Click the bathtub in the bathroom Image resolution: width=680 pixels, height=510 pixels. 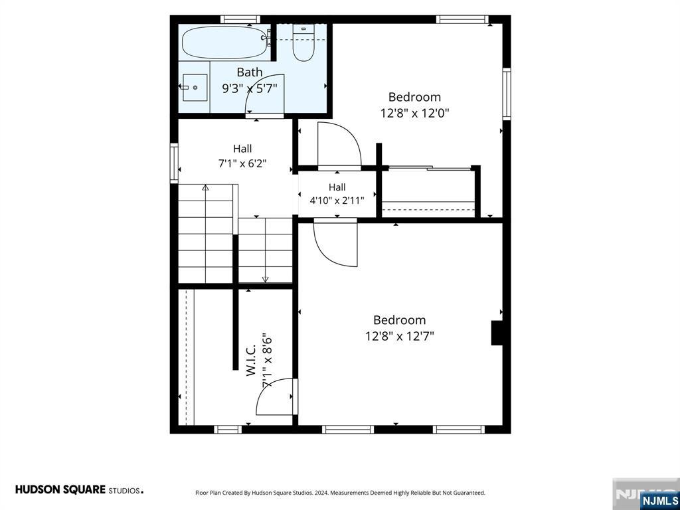226,42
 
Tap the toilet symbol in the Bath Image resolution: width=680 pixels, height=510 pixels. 303,43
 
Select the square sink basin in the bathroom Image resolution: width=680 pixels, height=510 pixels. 195,88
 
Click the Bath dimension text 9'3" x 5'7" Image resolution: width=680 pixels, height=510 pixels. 250,88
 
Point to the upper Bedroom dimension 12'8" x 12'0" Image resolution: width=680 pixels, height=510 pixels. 414,113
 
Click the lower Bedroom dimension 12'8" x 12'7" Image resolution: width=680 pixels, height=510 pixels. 400,336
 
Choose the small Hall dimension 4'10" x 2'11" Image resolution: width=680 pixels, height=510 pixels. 337,201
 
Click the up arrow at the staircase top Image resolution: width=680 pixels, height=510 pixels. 205,187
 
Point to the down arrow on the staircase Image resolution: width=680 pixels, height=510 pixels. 266,280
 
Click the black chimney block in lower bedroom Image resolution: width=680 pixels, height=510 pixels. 497,333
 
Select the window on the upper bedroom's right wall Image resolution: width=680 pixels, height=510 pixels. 507,93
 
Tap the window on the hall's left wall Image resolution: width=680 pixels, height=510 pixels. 174,163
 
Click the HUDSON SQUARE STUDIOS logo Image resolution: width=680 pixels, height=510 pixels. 80,489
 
